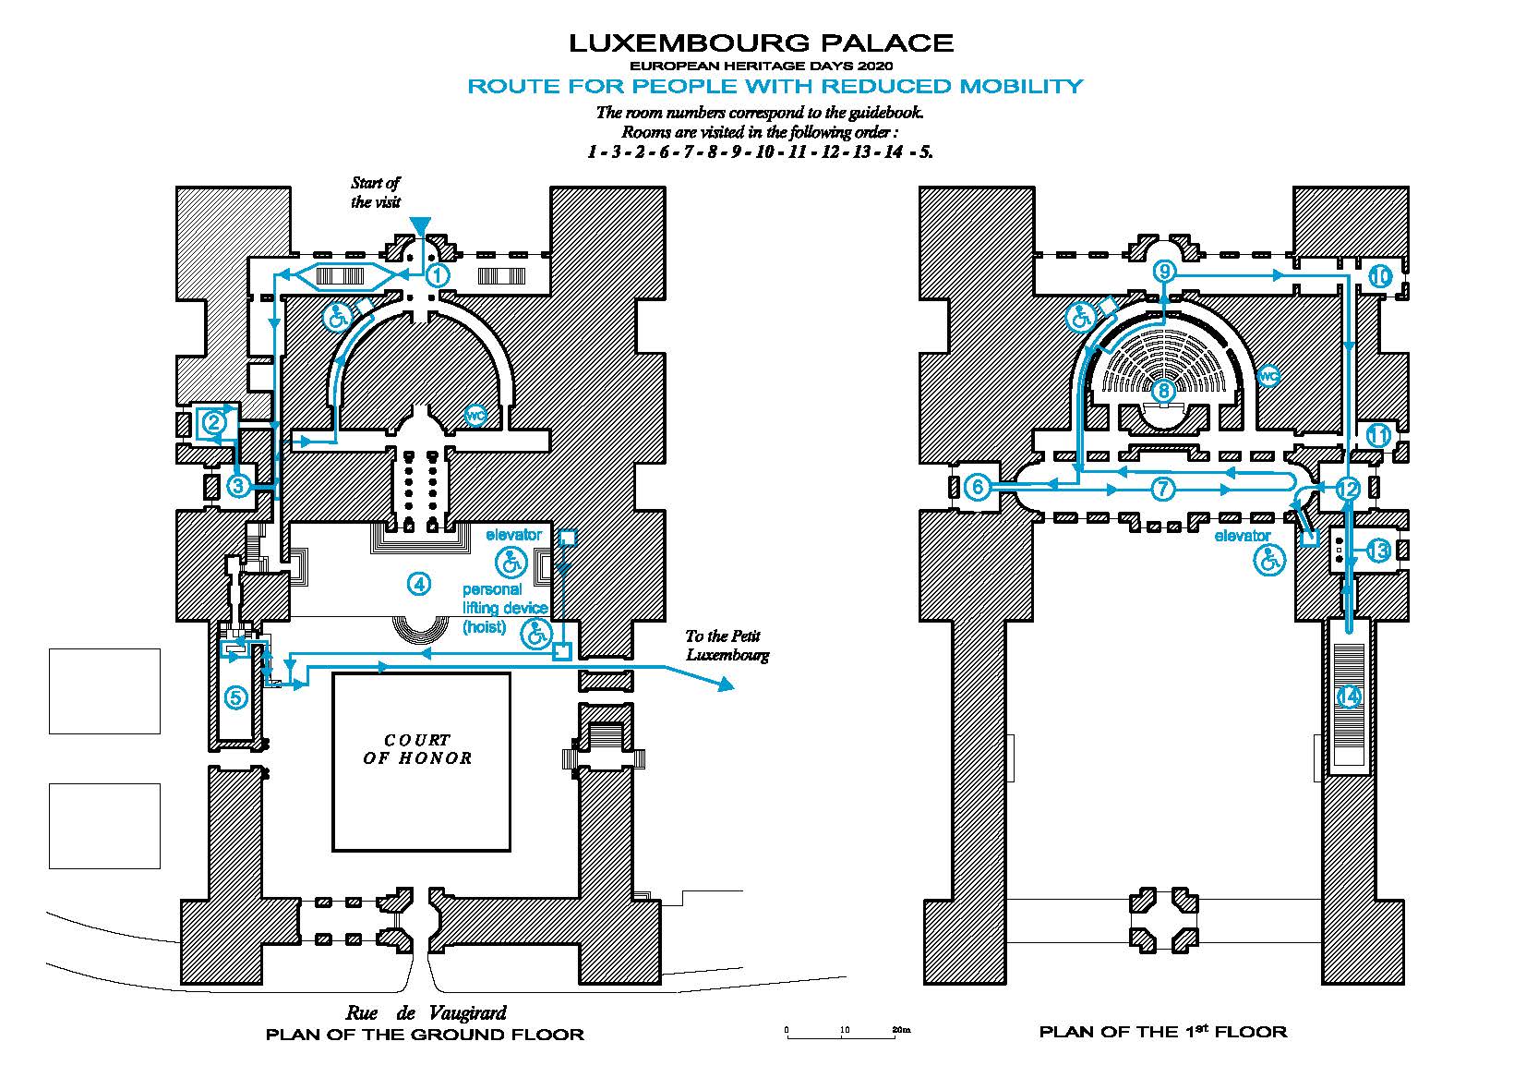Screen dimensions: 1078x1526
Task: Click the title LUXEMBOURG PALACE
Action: (x=761, y=42)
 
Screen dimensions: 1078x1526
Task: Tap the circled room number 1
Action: (x=437, y=274)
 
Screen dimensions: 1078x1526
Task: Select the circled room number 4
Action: (x=418, y=583)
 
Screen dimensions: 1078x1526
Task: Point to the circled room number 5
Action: (x=235, y=697)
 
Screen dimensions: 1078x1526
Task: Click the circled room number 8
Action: (x=1164, y=391)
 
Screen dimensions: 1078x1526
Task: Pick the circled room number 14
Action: (x=1349, y=696)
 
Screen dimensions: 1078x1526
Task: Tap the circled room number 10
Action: (x=1379, y=276)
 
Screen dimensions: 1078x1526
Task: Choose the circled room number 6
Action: (x=978, y=487)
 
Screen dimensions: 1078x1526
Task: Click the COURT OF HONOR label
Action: (x=417, y=749)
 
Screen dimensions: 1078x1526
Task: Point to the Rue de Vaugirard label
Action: (x=426, y=1012)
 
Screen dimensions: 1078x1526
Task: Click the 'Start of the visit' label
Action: (x=376, y=192)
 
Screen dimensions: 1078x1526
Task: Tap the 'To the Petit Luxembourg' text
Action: (x=727, y=646)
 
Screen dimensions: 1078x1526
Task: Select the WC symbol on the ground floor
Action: (x=475, y=417)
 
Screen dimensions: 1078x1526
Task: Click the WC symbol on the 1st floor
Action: (x=1268, y=376)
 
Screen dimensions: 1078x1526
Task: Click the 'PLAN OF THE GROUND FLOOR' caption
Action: (x=425, y=1035)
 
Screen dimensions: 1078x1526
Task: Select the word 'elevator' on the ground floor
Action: (x=513, y=535)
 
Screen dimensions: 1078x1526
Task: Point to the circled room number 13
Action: (x=1377, y=551)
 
